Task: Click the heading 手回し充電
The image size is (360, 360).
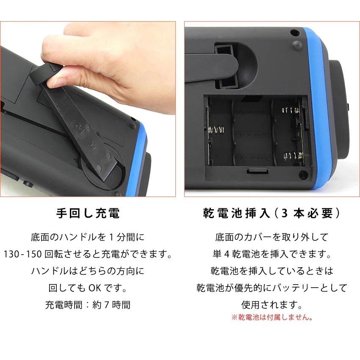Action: pos(88,213)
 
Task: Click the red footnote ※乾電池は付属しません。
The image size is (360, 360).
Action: pos(271,317)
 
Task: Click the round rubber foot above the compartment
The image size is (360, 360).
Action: pos(296,44)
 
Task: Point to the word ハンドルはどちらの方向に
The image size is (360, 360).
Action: pos(88,271)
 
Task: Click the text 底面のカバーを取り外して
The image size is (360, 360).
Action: pos(271,237)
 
